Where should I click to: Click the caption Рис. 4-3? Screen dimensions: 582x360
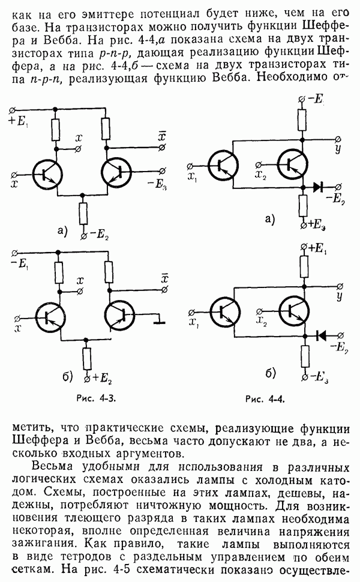tap(92, 398)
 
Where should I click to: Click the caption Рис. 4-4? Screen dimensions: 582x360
tap(264, 398)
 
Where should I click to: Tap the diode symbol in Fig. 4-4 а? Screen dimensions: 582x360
tap(318, 187)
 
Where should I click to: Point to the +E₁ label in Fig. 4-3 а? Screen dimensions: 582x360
tap(19, 121)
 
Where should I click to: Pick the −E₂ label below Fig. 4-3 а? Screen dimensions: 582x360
tap(100, 232)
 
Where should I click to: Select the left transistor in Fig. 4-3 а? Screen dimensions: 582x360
tap(48, 175)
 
